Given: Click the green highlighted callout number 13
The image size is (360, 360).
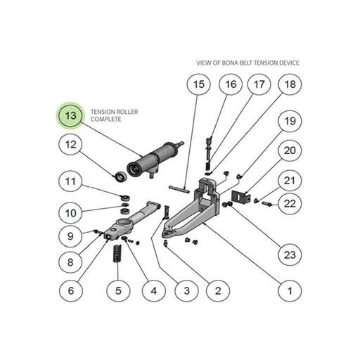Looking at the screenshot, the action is coord(70,115).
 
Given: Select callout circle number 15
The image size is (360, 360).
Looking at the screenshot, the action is coord(199,84).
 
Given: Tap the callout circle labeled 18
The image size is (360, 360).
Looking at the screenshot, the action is coord(290,84).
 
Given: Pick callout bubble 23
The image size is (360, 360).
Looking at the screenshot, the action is coord(290,255).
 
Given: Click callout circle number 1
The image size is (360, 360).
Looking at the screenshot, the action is coord(290,291).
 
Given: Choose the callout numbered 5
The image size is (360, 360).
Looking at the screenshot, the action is coord(118,291).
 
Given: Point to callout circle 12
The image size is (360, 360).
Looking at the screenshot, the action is coord(70,144).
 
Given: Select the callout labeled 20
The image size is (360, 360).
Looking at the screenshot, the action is coord(290,150).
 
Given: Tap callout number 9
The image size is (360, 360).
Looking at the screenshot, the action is coord(70,236).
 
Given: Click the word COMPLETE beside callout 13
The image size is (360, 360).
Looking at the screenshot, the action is coord(106,120).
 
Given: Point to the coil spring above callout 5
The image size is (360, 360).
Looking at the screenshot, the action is coord(117,253).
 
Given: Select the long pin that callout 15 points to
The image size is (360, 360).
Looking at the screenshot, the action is coord(179,190).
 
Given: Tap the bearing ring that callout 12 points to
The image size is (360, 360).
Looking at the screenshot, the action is coord(121,176).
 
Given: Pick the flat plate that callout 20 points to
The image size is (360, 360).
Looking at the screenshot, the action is coord(240,196).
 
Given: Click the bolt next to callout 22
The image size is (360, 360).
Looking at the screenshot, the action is coord(266,204).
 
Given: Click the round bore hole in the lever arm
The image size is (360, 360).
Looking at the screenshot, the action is coord(123,222).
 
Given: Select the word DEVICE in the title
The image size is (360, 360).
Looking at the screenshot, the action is coord(290,63).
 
